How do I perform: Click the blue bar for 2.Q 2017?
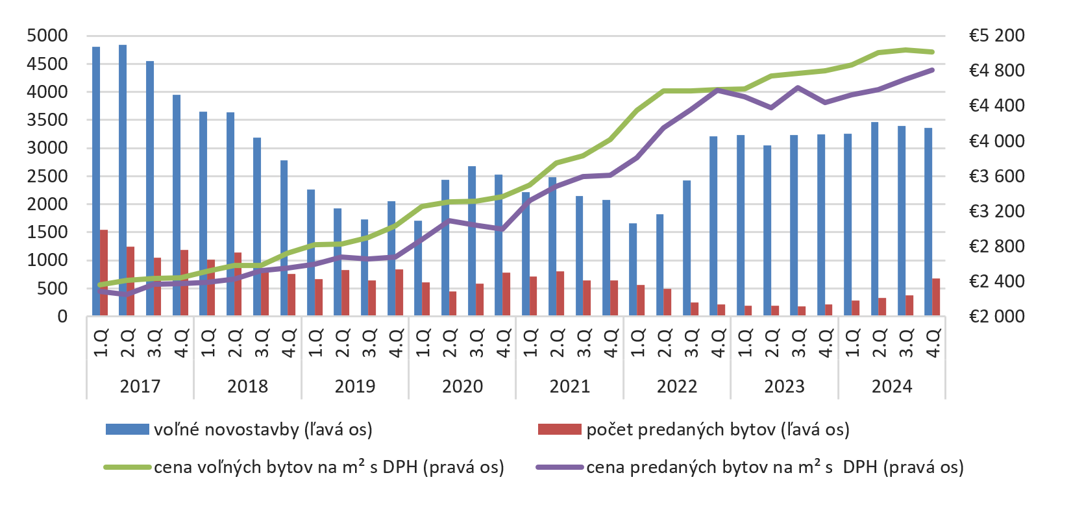(x=123, y=180)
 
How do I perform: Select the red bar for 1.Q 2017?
(x=104, y=273)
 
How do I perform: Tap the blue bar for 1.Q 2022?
(x=633, y=269)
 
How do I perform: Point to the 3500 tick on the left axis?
(x=47, y=120)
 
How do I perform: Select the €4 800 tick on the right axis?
(x=996, y=70)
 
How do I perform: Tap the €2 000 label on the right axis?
(x=996, y=316)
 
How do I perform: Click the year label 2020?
(x=462, y=386)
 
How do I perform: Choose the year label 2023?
(x=784, y=386)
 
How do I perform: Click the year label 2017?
(x=140, y=386)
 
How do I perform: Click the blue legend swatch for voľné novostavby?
(x=127, y=430)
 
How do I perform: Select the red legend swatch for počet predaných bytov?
(x=560, y=430)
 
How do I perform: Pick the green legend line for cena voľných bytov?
(x=127, y=467)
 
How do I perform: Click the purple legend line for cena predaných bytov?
(x=560, y=467)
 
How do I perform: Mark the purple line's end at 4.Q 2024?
(x=932, y=69)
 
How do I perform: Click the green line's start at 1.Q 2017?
(x=100, y=284)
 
